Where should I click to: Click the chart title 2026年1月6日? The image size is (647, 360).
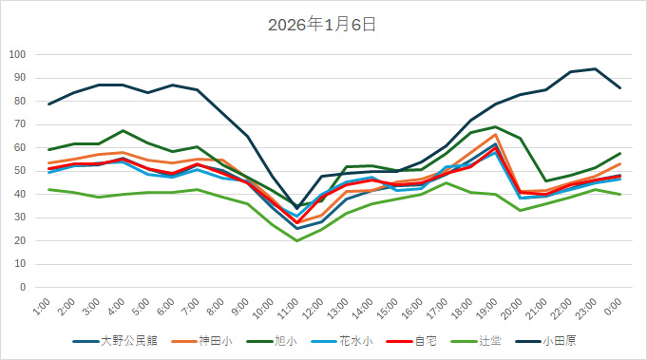pos(323,25)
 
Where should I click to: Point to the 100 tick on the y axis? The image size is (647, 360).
pos(17,54)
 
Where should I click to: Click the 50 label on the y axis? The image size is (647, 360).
pos(20,171)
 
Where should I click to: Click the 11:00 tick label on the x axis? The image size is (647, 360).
pos(290,308)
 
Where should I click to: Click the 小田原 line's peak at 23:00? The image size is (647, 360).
pos(595,68)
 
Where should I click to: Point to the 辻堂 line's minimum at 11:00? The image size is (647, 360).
pos(297,240)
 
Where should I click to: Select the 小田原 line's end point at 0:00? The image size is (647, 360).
pos(619,87)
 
